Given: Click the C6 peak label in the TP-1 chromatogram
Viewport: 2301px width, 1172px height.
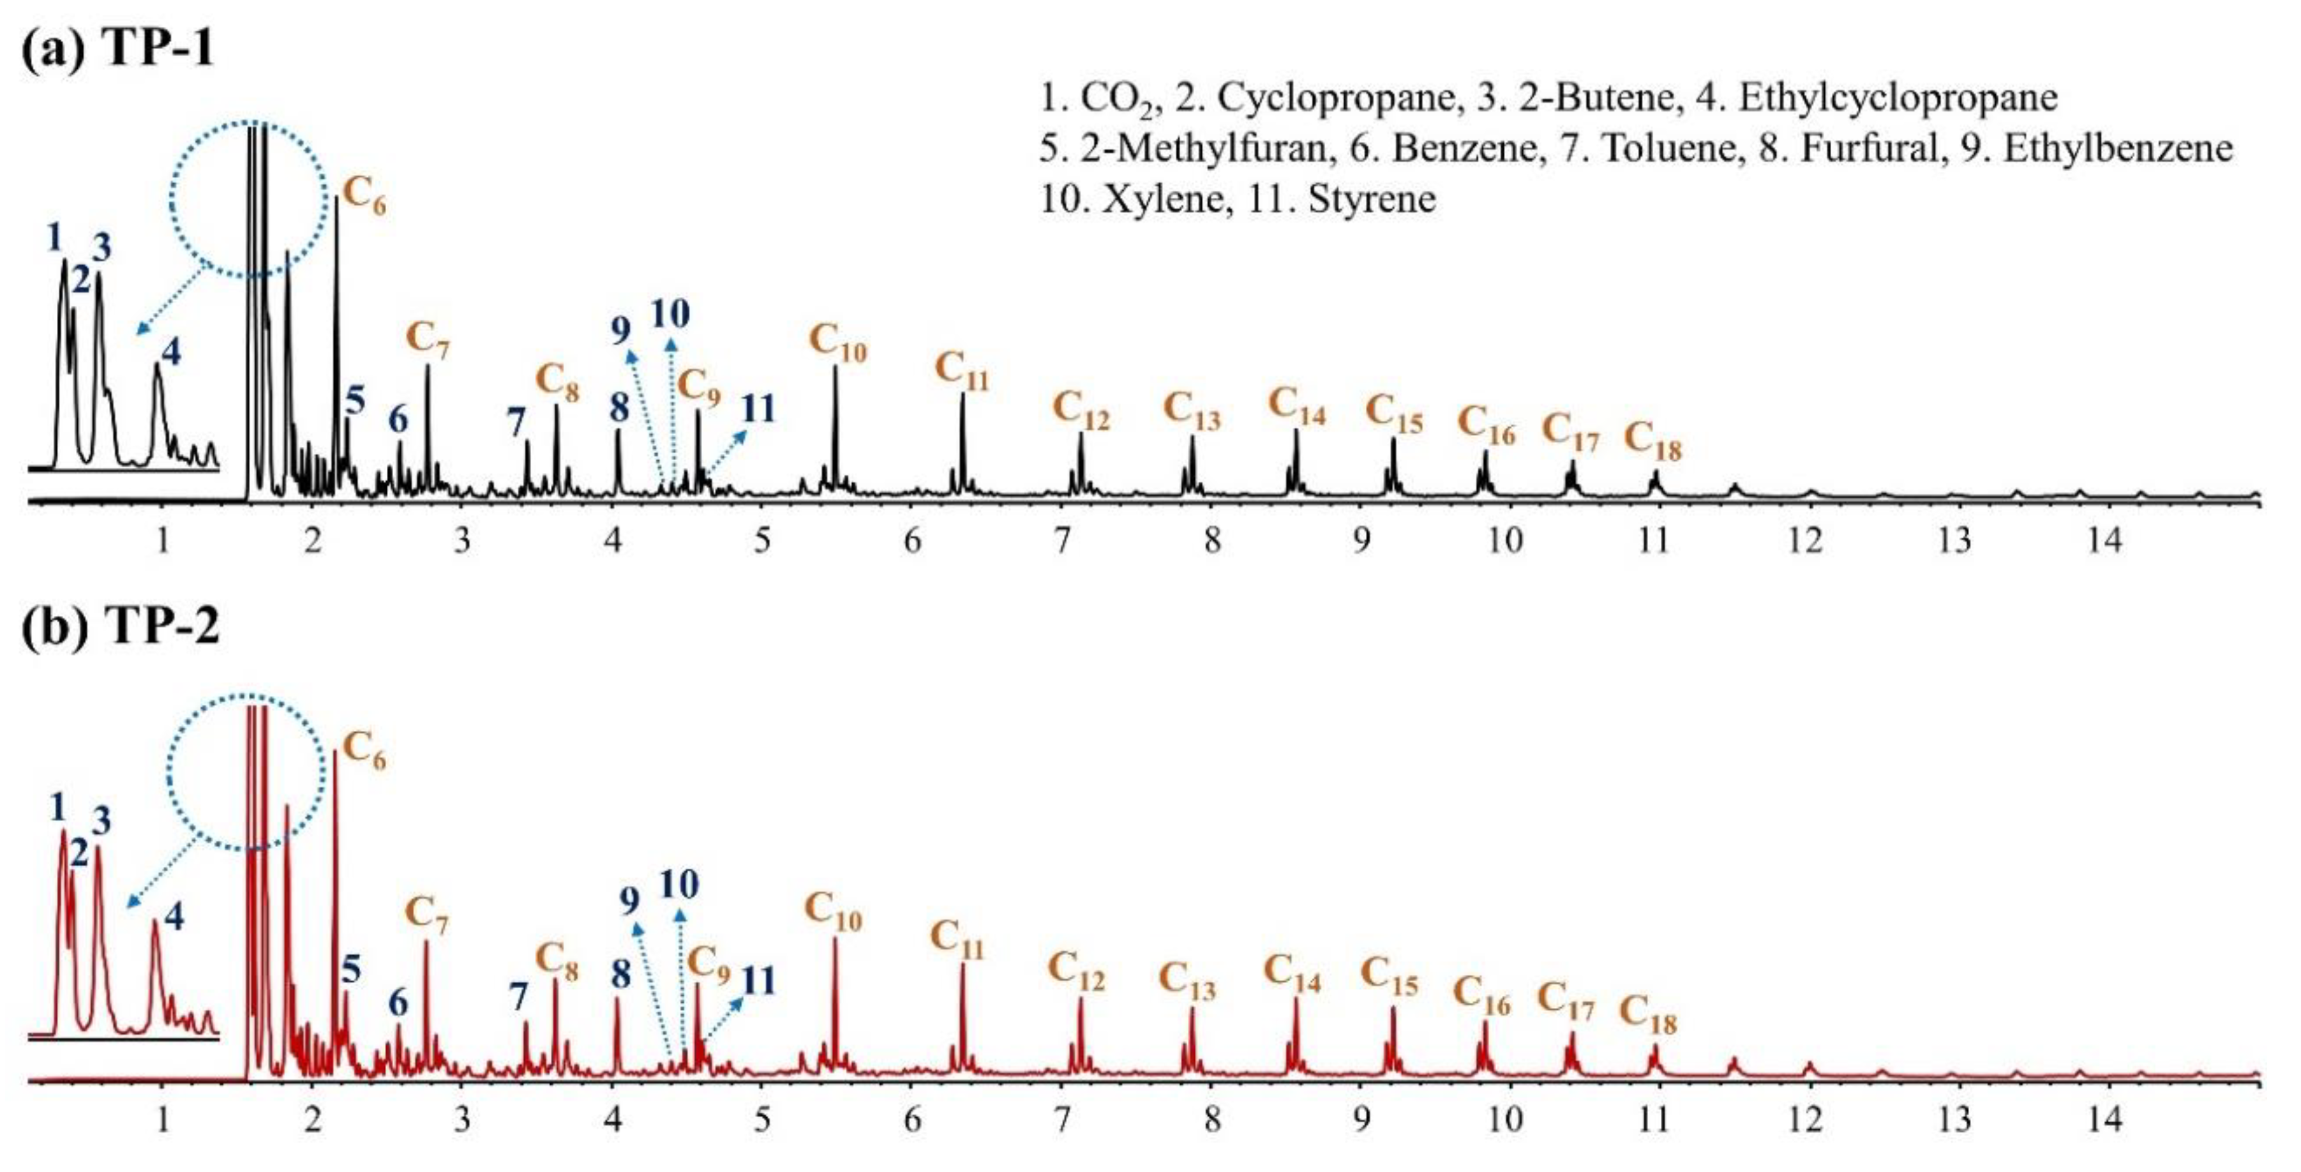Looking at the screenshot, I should point(364,195).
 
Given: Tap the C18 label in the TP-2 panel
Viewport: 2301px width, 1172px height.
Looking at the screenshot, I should point(1649,1015).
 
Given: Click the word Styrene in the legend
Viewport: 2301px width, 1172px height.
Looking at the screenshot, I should point(1372,199).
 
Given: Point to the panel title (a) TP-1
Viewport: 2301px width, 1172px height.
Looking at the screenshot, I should point(118,47).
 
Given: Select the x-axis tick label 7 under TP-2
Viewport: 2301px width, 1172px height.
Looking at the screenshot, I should point(1061,1119).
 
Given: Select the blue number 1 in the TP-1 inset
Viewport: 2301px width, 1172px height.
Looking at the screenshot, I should point(54,237).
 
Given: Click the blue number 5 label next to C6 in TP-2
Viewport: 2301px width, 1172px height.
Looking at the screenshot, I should point(351,969).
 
